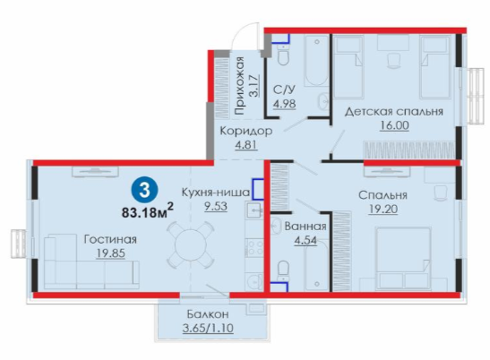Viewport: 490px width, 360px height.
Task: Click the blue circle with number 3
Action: tap(145, 190)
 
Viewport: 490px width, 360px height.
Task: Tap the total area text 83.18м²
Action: tap(148, 211)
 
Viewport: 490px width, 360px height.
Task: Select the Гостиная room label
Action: tap(110, 239)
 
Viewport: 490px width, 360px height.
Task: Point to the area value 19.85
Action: tap(110, 253)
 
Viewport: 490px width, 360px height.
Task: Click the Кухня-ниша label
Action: tap(216, 193)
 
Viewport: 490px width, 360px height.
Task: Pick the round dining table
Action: tap(190, 244)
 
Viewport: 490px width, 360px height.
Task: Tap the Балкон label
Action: tap(208, 313)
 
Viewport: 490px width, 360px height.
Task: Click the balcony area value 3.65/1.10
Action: tap(208, 328)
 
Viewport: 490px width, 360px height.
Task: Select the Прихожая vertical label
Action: tap(240, 86)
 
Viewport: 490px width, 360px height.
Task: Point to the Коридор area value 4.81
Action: tap(246, 145)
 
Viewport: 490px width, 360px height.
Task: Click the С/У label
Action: tap(284, 90)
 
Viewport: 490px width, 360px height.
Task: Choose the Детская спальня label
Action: tap(394, 112)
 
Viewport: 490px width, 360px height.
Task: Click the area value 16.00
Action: tap(394, 125)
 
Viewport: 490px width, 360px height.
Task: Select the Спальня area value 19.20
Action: tap(383, 209)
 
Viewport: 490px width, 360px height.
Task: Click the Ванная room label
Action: tap(305, 226)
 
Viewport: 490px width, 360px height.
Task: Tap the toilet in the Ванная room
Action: tap(283, 271)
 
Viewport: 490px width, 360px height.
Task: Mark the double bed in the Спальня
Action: tap(403, 259)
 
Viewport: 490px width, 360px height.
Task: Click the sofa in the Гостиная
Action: tap(91, 261)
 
